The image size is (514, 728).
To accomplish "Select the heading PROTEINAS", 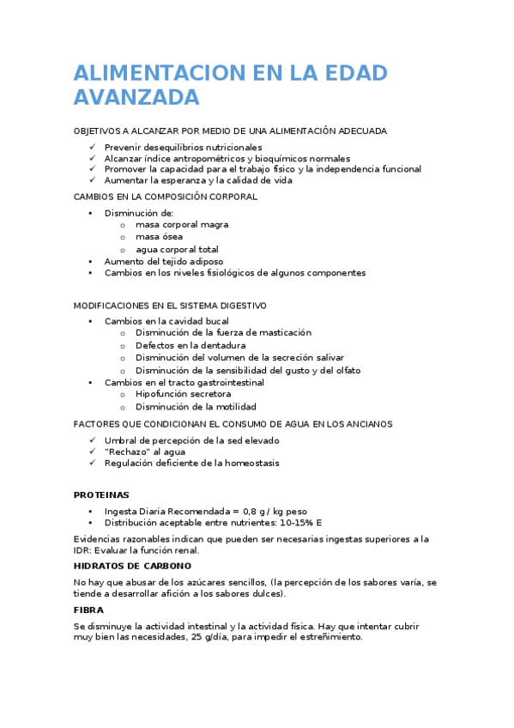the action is click(101, 495).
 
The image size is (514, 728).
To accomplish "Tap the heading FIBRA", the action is click(88, 610).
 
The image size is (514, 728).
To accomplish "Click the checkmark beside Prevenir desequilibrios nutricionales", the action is click(92, 148).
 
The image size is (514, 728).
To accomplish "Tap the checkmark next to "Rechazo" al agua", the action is click(92, 452).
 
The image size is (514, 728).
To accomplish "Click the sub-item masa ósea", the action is click(159, 237).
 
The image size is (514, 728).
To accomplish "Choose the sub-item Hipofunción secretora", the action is click(183, 394).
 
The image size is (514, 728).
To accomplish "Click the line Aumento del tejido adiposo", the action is click(163, 261).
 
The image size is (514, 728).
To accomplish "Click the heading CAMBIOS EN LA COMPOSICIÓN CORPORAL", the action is click(166, 197).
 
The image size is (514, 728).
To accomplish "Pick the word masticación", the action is click(281, 332).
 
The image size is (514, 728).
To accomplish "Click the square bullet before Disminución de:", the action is click(92, 213).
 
